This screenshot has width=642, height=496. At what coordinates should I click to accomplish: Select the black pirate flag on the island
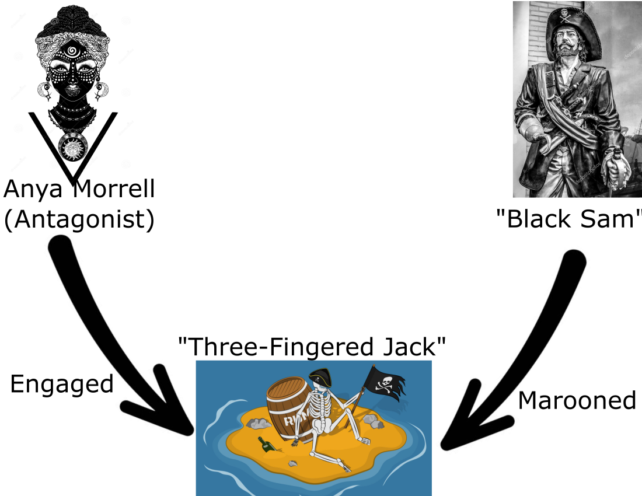click(x=384, y=383)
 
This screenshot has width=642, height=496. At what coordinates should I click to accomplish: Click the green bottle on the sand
click(x=267, y=445)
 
